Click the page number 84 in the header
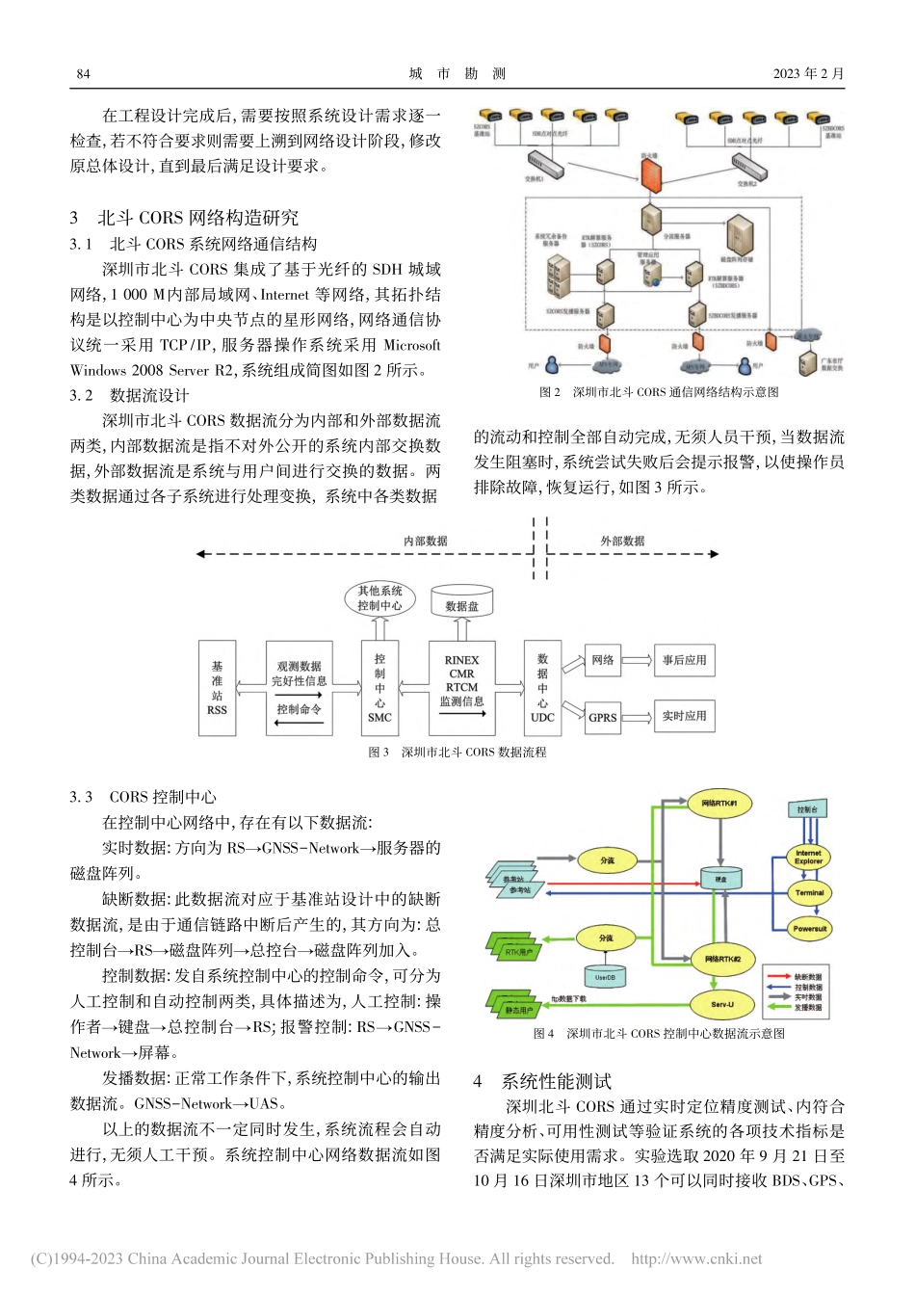pyautogui.click(x=83, y=73)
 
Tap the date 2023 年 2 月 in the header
pyautogui.click(x=808, y=73)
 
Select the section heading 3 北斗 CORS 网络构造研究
pyautogui.click(x=184, y=218)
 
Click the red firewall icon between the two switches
pyautogui.click(x=651, y=176)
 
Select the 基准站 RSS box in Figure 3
pyautogui.click(x=217, y=688)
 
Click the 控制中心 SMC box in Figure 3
pyautogui.click(x=379, y=688)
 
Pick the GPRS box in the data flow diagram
pyautogui.click(x=603, y=717)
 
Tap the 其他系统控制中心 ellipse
pyautogui.click(x=379, y=598)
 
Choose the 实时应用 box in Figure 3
pyautogui.click(x=684, y=716)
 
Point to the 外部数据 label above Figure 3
pyautogui.click(x=622, y=541)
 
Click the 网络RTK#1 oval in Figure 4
pyautogui.click(x=719, y=803)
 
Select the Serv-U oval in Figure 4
pyautogui.click(x=722, y=1004)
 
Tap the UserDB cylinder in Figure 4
pyautogui.click(x=605, y=976)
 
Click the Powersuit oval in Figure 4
pyautogui.click(x=809, y=929)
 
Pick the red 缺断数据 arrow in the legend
pyautogui.click(x=778, y=977)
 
